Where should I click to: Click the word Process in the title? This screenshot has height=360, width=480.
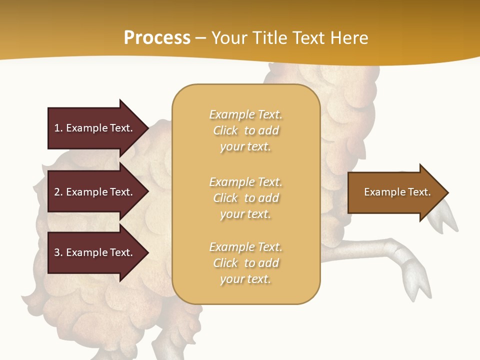[157, 38]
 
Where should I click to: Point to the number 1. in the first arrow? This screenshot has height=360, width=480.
[58, 128]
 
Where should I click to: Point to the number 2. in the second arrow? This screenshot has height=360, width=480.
[58, 192]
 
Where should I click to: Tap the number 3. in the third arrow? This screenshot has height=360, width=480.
[58, 252]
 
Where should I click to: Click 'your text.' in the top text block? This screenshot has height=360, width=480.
[245, 147]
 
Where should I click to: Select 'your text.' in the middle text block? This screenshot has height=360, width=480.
[245, 214]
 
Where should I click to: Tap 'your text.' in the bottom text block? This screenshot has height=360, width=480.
[245, 279]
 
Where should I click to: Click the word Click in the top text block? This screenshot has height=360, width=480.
[225, 131]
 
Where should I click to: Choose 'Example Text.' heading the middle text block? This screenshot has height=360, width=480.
[245, 182]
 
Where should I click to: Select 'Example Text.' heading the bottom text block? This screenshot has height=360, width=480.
[245, 247]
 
